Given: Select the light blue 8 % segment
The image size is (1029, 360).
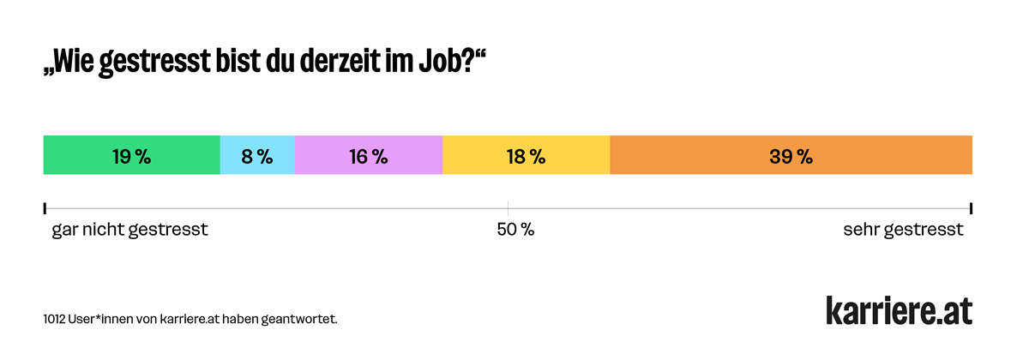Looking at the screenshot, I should click(257, 155).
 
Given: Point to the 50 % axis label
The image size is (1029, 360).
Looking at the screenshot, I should click(515, 231).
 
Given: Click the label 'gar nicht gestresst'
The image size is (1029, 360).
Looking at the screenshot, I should click(130, 231).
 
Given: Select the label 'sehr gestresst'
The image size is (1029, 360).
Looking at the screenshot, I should click(903, 231).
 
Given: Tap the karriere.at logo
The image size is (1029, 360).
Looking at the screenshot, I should click(899, 310).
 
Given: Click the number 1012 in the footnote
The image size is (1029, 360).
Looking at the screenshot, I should click(57, 320).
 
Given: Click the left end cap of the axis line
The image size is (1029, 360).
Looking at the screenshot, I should click(45, 208).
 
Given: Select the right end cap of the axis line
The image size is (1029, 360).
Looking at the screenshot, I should click(971, 208).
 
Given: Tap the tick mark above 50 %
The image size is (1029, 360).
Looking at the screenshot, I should click(508, 208).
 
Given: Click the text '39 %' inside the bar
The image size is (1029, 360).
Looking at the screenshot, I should click(791, 156).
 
